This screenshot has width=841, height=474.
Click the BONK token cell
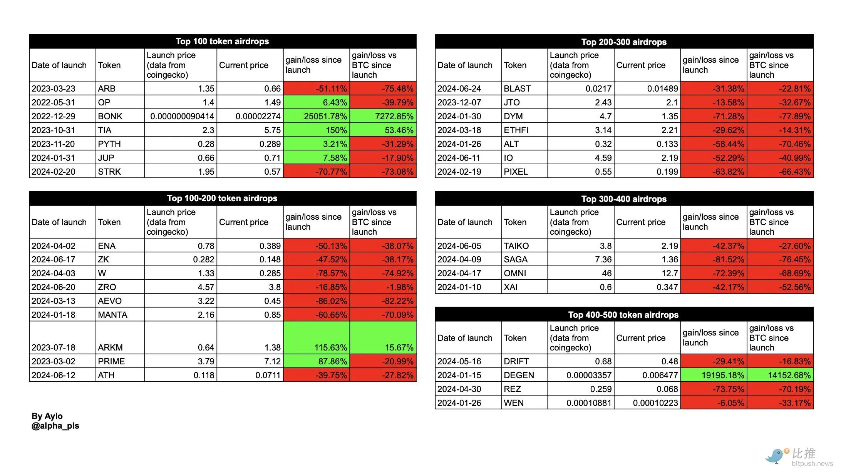[x=110, y=116]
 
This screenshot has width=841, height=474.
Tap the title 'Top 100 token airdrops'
[x=222, y=42]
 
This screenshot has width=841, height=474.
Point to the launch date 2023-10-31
[x=53, y=130]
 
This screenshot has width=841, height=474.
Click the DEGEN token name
[x=519, y=375]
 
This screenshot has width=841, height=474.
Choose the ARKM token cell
[x=110, y=347]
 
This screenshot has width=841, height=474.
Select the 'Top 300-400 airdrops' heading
[x=624, y=199]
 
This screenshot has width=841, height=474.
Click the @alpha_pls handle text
[x=55, y=426]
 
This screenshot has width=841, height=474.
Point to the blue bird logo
[x=775, y=456]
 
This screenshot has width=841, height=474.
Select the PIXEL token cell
[x=516, y=172]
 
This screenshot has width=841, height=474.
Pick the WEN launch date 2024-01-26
[x=459, y=403]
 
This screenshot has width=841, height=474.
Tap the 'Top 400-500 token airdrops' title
[x=623, y=315]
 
